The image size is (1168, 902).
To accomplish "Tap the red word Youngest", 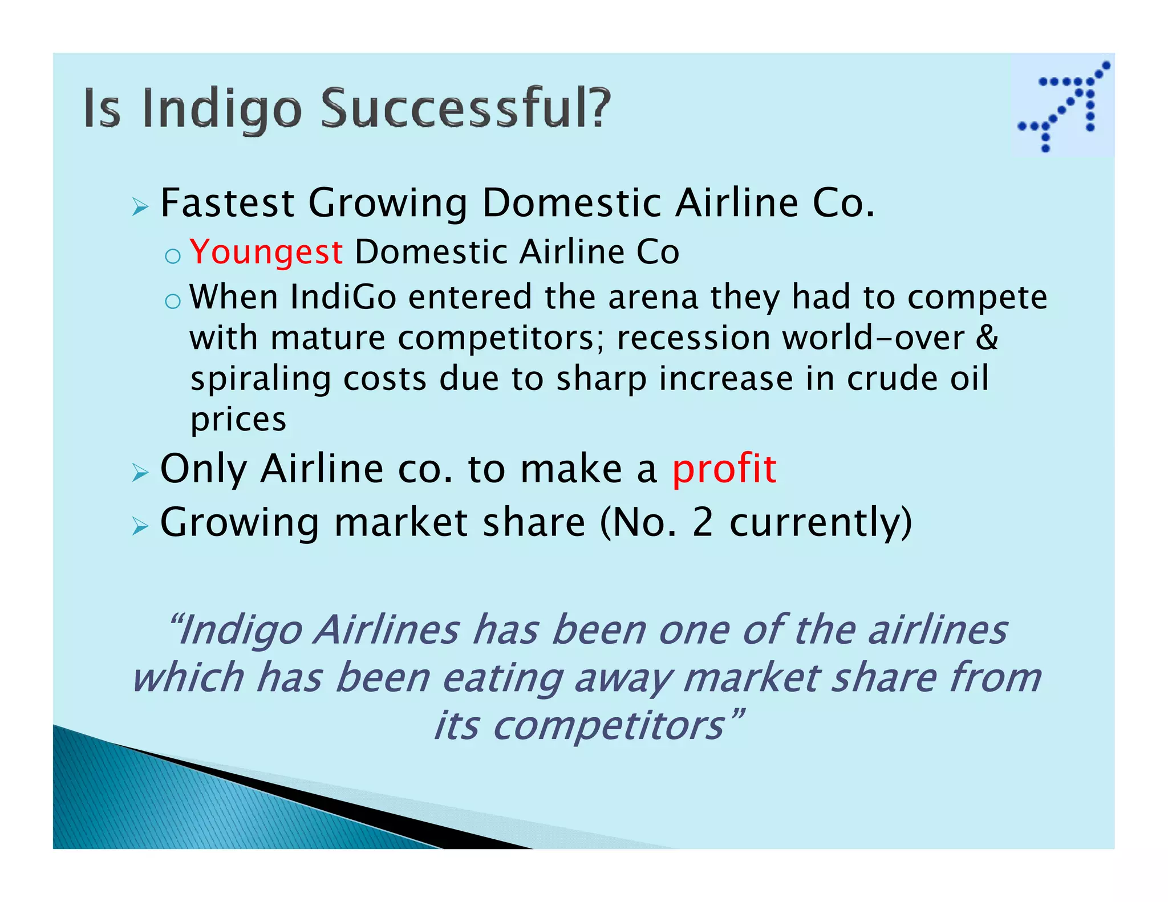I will point(266,252).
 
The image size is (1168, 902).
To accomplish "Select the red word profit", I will point(724,469).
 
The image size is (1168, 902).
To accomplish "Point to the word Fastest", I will point(228,203).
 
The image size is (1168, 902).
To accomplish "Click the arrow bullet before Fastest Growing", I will point(140,206).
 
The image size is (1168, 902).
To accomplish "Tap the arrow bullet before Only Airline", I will point(140,472).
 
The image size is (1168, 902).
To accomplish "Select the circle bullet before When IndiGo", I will point(172,301).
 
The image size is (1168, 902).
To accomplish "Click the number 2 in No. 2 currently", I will point(703,522).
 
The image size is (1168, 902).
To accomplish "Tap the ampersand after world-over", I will point(987,338).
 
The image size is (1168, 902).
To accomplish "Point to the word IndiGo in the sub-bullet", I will point(343,298).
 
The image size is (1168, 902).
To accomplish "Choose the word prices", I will point(238,421).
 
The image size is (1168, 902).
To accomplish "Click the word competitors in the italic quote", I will point(609,726).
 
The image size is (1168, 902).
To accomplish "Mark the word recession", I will point(693,338).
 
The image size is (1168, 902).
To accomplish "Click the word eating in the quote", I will point(502,678).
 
